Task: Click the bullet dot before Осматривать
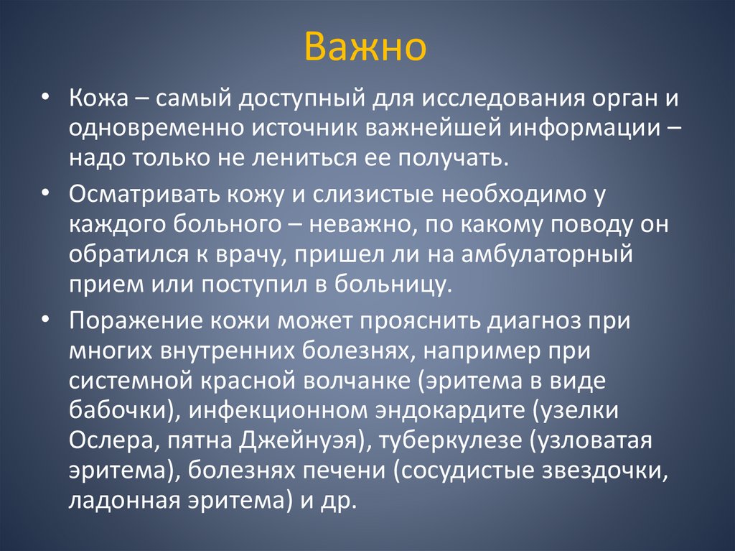[x=45, y=195]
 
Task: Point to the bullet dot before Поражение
[x=45, y=321]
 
